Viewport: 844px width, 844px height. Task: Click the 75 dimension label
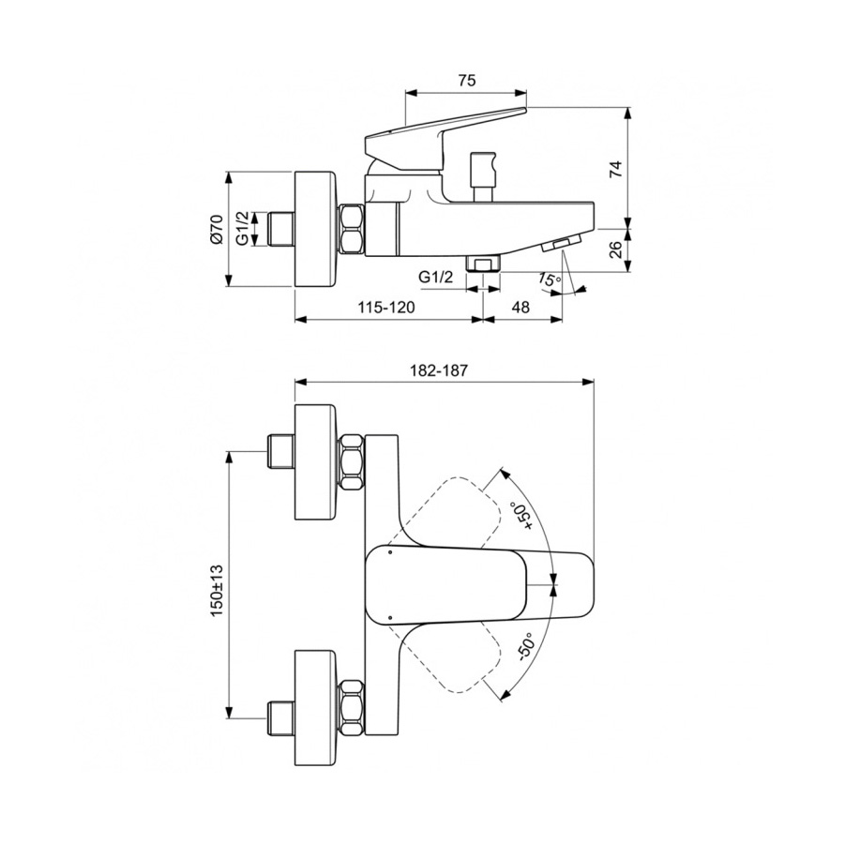click(x=467, y=81)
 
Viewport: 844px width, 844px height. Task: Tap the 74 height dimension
click(x=616, y=169)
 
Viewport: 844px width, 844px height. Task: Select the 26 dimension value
click(x=616, y=249)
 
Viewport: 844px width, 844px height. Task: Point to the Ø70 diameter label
click(x=217, y=230)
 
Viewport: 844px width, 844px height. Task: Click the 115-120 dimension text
click(x=386, y=307)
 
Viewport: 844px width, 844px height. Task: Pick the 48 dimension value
click(x=520, y=307)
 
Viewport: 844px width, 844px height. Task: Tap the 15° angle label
click(x=549, y=279)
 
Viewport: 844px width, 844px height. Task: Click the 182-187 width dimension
click(x=439, y=370)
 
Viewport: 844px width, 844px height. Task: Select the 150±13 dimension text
click(x=217, y=591)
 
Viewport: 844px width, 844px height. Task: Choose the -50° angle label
click(x=524, y=647)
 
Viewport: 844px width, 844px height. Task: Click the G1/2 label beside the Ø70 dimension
click(x=243, y=228)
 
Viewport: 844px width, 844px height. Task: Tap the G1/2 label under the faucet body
click(x=436, y=278)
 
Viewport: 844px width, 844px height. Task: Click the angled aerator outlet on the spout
click(x=561, y=244)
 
